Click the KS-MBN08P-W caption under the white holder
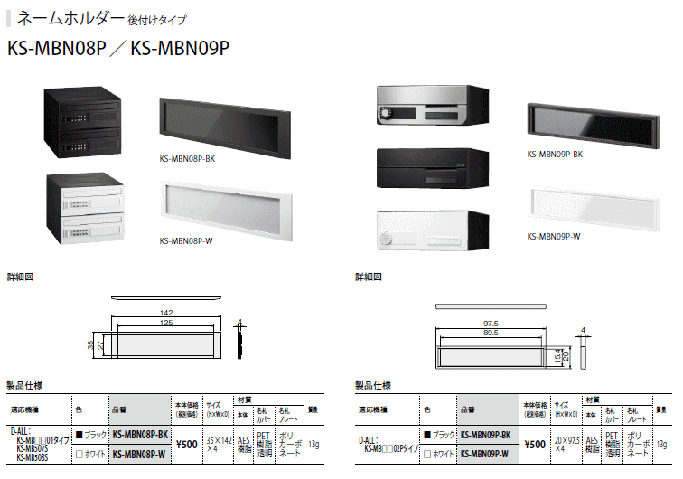(186, 240)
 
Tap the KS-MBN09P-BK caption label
(554, 154)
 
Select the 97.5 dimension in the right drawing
(491, 323)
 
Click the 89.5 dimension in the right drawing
(491, 332)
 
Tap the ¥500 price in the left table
(186, 444)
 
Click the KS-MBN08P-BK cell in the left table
(139, 435)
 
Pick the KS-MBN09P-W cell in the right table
(486, 453)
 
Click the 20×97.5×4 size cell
(566, 443)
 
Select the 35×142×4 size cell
(217, 443)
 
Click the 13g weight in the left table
(313, 444)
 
